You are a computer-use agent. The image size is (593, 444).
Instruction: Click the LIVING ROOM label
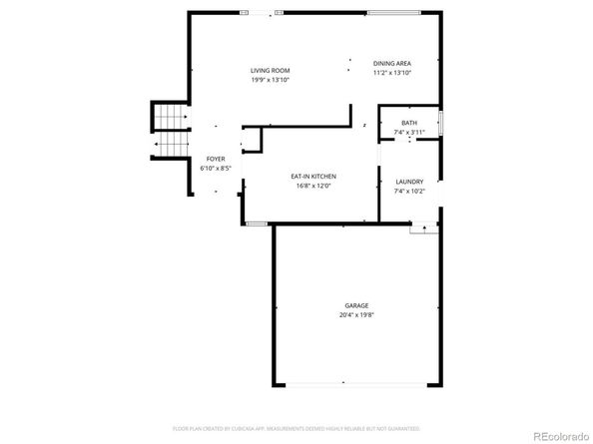271,70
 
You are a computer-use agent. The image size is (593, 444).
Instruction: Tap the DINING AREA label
392,63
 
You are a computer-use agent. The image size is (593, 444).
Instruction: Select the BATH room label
409,123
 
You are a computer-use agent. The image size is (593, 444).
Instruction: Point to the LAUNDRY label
409,182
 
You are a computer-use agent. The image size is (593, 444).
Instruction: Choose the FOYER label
216,160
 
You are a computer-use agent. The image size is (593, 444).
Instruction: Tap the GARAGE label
356,305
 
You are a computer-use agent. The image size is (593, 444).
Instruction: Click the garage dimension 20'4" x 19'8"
356,314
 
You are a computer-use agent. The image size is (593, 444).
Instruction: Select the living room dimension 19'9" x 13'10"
271,79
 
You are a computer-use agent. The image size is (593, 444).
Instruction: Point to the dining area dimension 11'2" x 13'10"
392,73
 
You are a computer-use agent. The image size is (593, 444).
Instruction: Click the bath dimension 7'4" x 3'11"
409,132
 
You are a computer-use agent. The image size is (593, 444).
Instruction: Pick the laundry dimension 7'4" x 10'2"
409,191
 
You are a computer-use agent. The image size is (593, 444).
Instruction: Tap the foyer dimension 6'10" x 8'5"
216,169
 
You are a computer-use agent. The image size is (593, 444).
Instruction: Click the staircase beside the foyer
171,130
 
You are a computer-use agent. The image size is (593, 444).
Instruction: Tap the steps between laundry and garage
425,228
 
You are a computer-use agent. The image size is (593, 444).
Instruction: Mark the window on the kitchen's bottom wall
257,223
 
